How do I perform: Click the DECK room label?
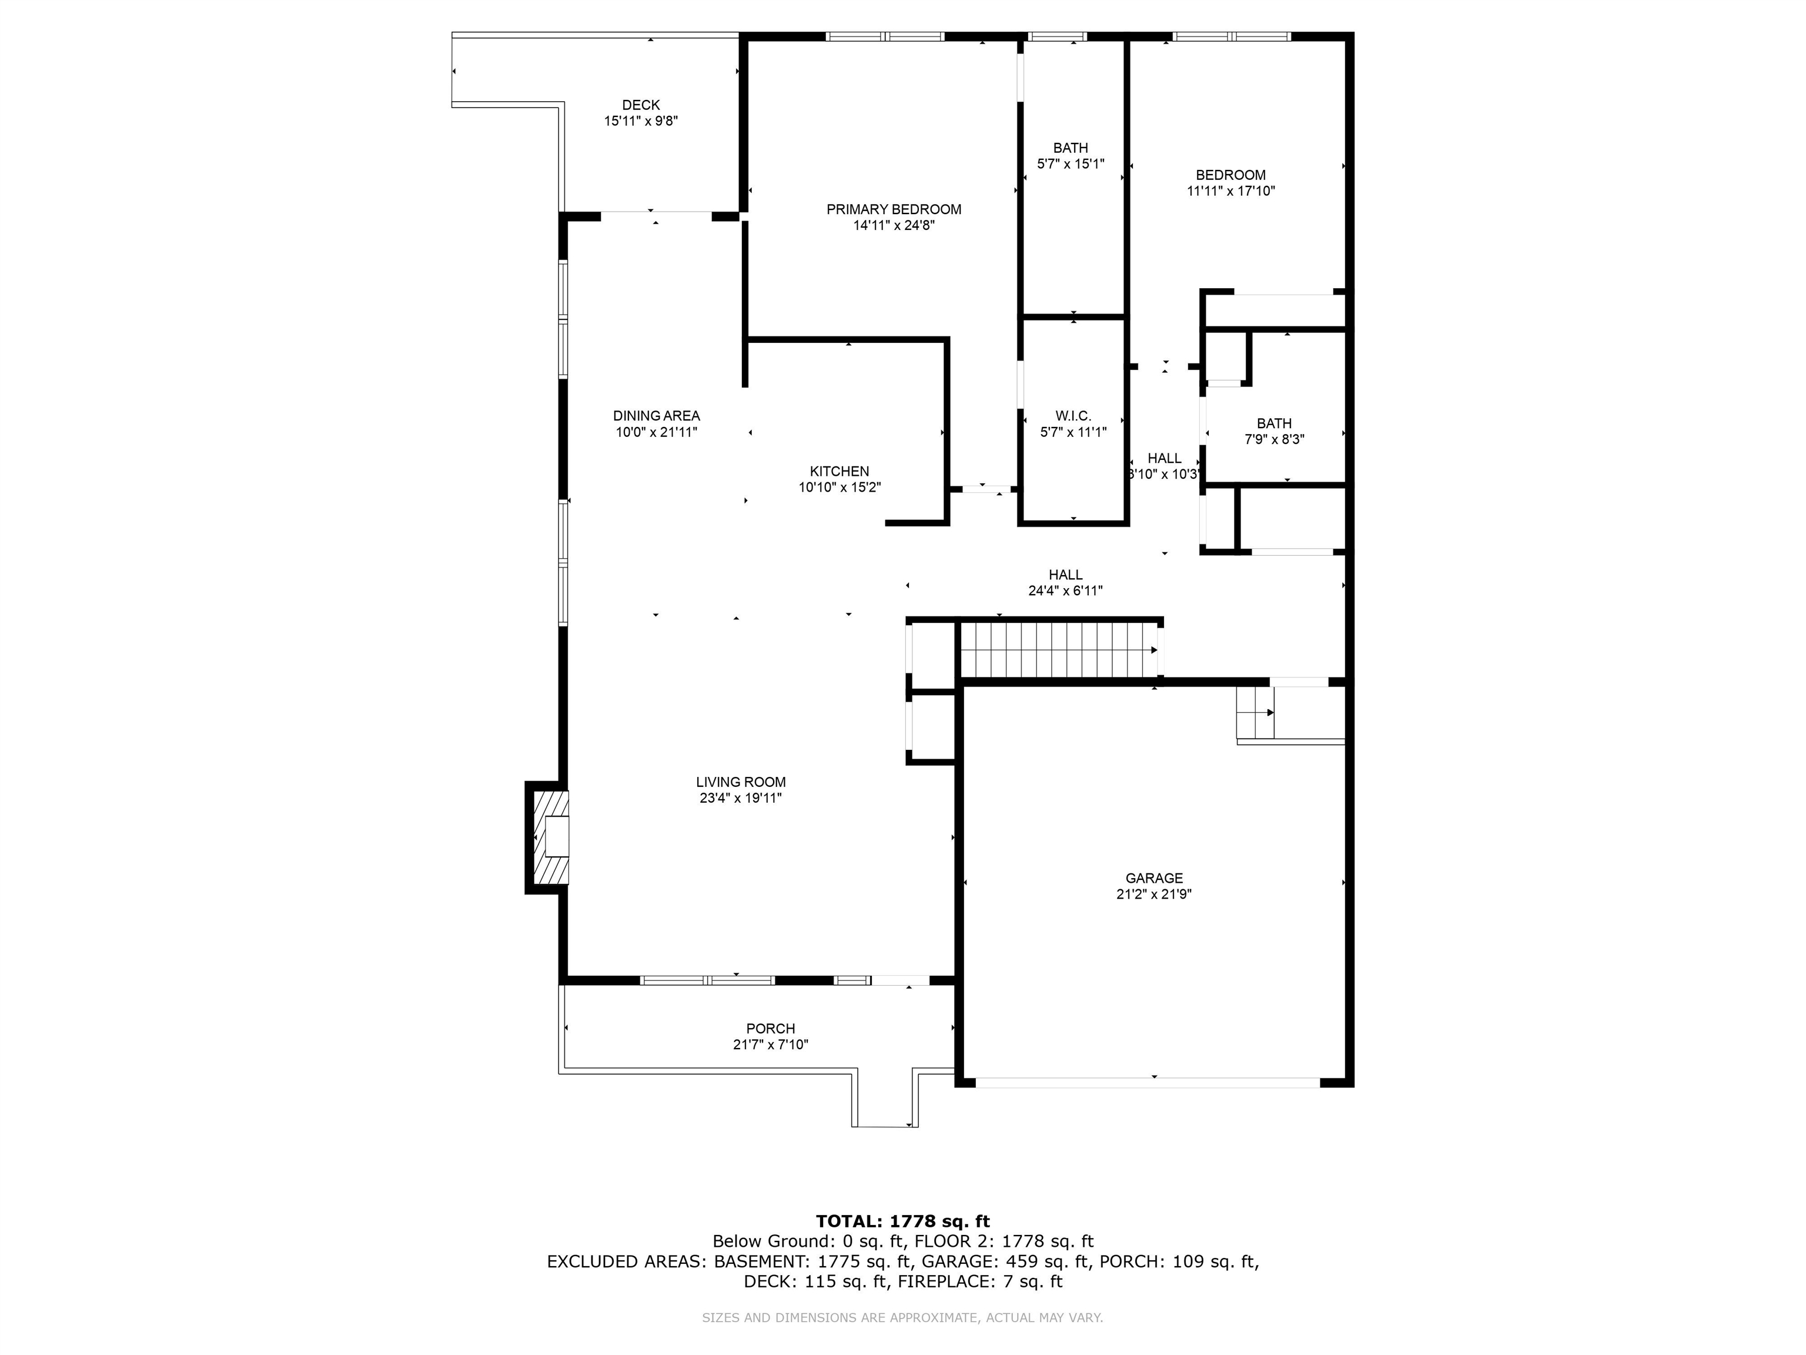641,105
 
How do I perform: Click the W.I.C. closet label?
1073,416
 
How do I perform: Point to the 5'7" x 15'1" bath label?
1071,164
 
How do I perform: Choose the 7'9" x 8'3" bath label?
1274,439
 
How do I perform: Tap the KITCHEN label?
840,471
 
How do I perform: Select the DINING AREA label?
657,416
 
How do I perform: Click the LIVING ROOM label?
741,782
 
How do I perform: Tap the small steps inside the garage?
1255,712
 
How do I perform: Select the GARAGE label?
1153,879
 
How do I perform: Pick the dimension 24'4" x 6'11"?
1065,590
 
